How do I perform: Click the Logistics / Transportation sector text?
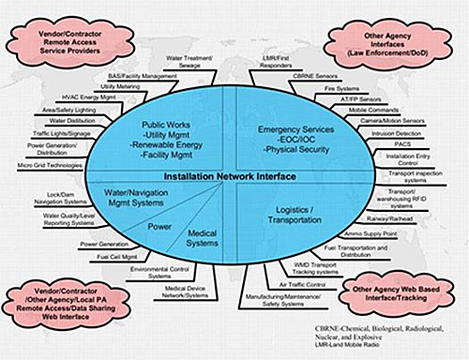(x=289, y=217)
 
